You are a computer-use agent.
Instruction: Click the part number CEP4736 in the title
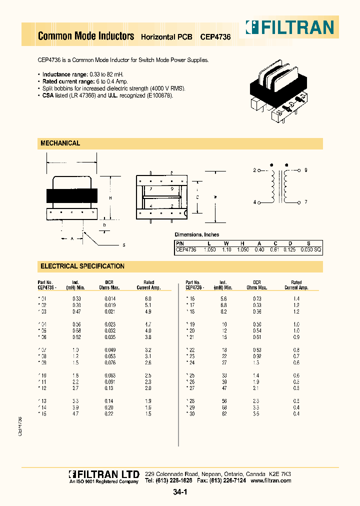pos(215,36)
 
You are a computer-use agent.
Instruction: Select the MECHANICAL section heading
pos(60,143)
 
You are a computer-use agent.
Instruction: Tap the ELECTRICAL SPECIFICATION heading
pos(82,266)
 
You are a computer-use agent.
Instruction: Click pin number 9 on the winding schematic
pos(305,170)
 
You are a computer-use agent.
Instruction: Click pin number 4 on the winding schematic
pos(254,202)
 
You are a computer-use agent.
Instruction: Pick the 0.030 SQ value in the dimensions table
pos(309,249)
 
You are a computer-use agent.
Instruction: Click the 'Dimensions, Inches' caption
pos(196,234)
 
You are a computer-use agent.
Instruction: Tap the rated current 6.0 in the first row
pos(148,298)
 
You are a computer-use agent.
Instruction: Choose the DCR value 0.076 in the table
pos(110,363)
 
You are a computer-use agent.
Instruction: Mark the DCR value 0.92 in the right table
pos(257,356)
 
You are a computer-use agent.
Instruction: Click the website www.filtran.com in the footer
pos(270,480)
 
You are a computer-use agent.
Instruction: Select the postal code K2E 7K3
pos(280,473)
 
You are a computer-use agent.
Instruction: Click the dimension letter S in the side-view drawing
pos(123,244)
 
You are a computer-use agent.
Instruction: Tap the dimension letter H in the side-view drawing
pos(110,198)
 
